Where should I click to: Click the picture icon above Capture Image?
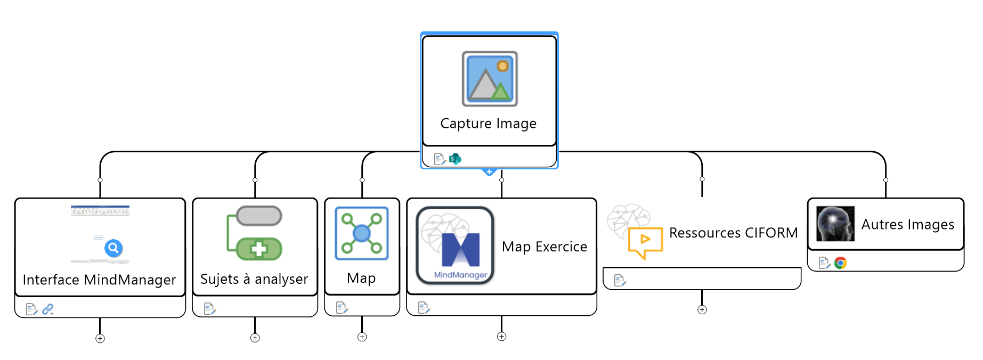click(490, 79)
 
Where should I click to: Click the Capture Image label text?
click(488, 124)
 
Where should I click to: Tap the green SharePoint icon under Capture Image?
click(455, 159)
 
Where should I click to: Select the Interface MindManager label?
click(99, 280)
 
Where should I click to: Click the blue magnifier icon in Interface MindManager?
click(113, 248)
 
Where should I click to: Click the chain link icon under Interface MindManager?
click(48, 309)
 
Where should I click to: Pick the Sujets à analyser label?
click(254, 279)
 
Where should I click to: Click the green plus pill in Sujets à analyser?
click(259, 249)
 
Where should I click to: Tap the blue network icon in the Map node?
click(362, 233)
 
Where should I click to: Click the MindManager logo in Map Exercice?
click(455, 246)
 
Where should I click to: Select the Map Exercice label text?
click(544, 247)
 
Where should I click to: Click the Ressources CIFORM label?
click(733, 233)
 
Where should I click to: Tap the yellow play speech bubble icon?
click(645, 241)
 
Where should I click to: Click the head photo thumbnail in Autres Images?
click(835, 224)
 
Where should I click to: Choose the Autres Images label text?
click(907, 225)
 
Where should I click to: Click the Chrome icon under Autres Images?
click(841, 263)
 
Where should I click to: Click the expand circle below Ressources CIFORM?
click(702, 310)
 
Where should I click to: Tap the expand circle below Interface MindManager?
click(100, 338)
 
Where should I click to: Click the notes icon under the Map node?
click(342, 307)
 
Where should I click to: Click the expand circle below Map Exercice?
click(501, 337)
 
